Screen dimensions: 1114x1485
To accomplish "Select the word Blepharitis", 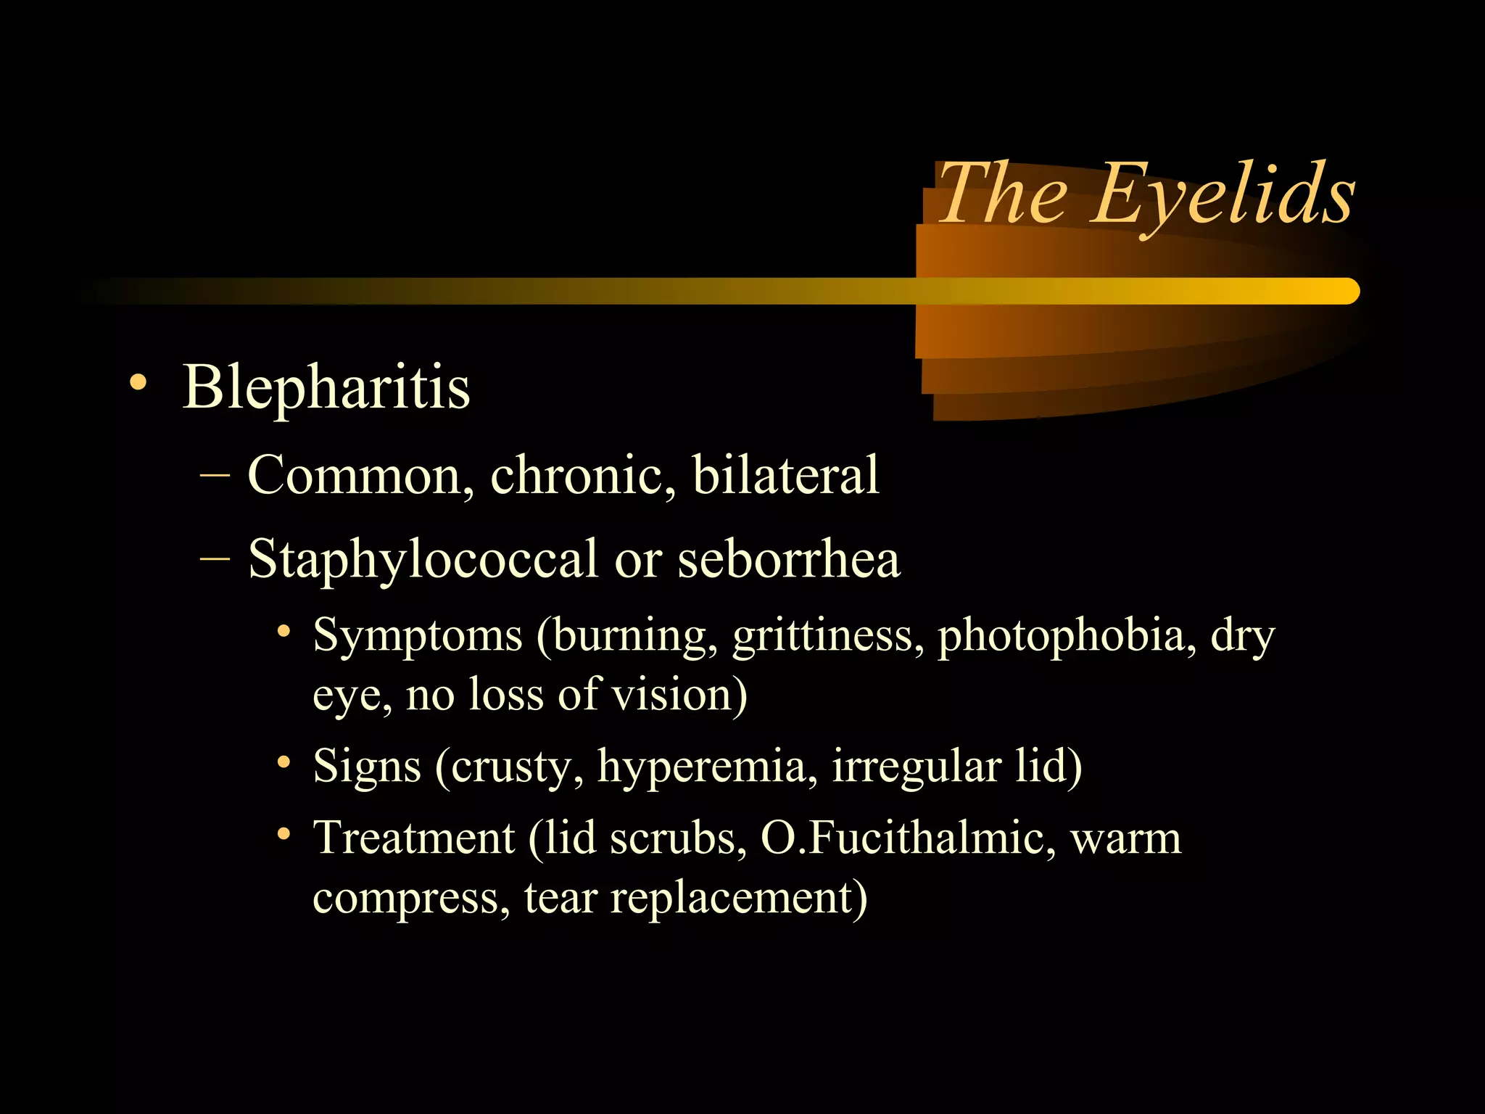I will pos(326,387).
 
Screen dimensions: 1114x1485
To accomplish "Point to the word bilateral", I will pos(785,476).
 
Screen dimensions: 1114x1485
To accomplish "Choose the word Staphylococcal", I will pos(422,560).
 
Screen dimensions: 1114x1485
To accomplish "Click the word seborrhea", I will pos(788,560).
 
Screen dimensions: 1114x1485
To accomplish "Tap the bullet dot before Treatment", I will pos(284,835).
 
